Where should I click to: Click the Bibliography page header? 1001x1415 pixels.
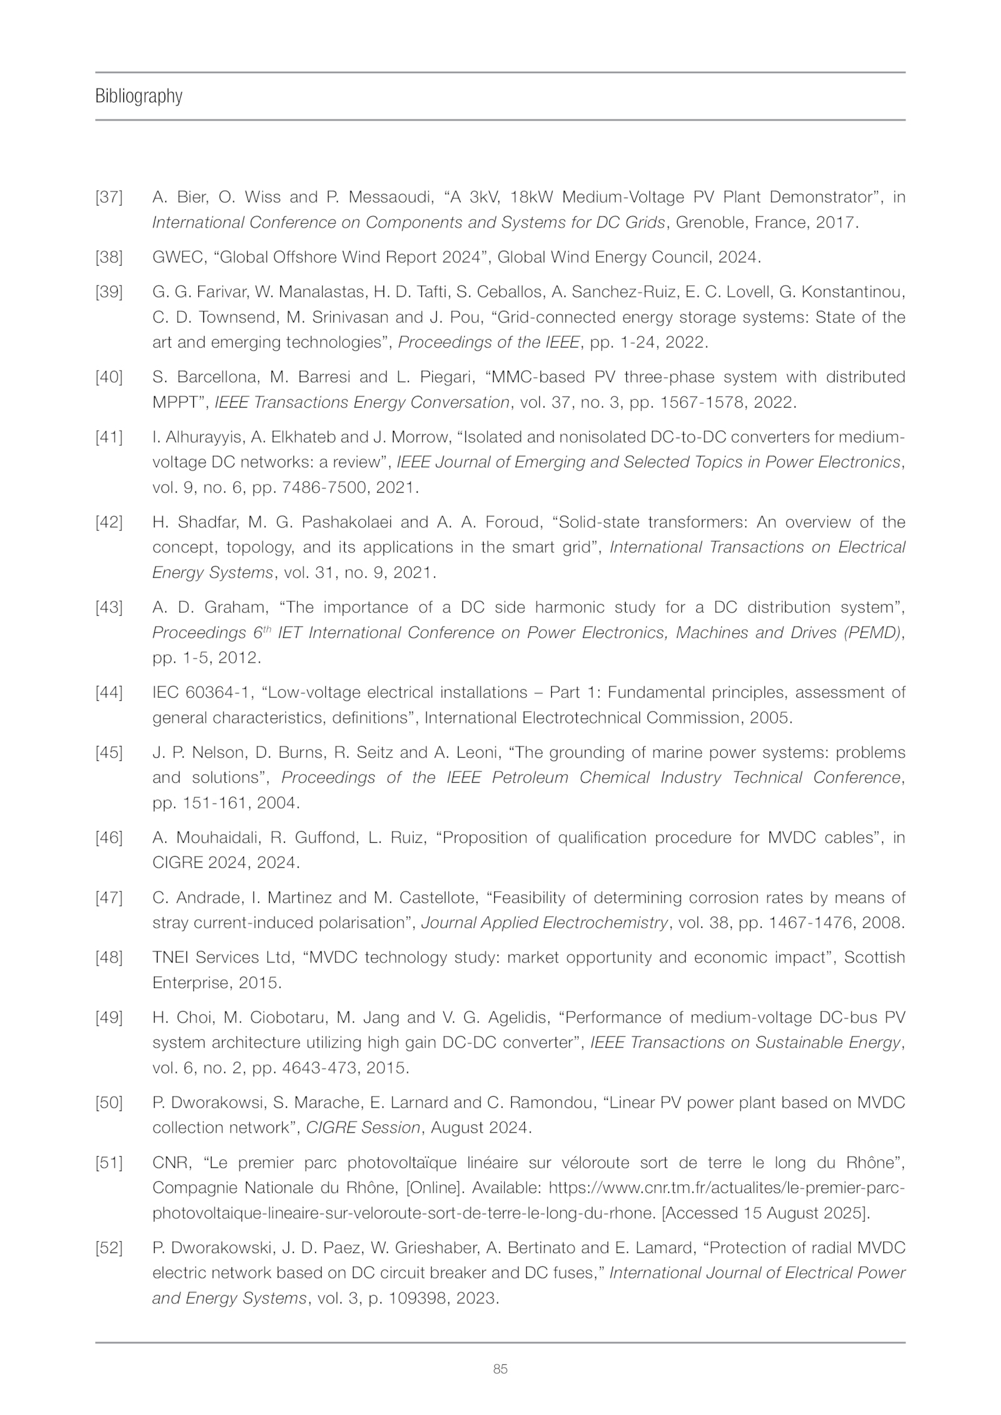[x=138, y=96]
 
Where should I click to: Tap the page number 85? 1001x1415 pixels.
[x=500, y=1369]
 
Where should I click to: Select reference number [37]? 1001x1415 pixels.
[x=109, y=198]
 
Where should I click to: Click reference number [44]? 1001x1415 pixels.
[x=109, y=693]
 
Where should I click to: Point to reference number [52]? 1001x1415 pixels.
[x=109, y=1248]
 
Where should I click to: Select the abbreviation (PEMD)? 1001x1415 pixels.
[x=872, y=633]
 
